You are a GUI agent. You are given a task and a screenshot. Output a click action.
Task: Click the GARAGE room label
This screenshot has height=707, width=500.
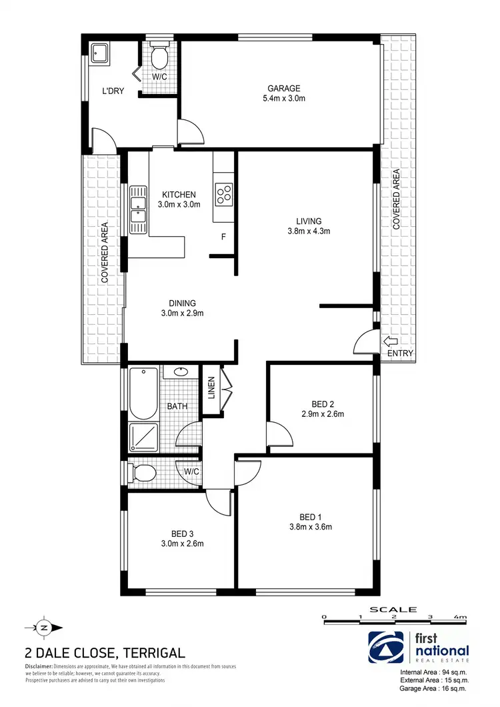click(284, 88)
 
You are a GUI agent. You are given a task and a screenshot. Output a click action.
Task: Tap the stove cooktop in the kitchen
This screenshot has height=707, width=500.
click(223, 193)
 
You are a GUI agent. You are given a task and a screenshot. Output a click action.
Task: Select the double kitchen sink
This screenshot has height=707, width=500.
click(139, 209)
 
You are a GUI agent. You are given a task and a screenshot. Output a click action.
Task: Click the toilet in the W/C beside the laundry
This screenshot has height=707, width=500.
click(160, 58)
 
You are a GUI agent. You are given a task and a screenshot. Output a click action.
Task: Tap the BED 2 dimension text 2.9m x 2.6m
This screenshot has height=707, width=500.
click(322, 414)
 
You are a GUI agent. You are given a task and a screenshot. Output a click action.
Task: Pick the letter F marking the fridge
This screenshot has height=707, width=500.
click(223, 237)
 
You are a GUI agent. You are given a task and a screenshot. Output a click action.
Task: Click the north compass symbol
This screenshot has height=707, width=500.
click(44, 627)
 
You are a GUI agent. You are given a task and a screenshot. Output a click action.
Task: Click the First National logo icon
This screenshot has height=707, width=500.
click(385, 648)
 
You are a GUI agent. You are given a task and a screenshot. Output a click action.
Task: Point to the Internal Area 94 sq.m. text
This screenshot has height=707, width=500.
click(433, 672)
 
